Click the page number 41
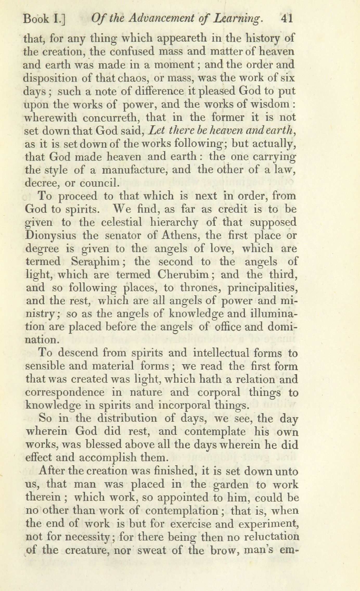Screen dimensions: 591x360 coord(287,19)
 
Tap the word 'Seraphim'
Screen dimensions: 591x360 coord(95,262)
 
